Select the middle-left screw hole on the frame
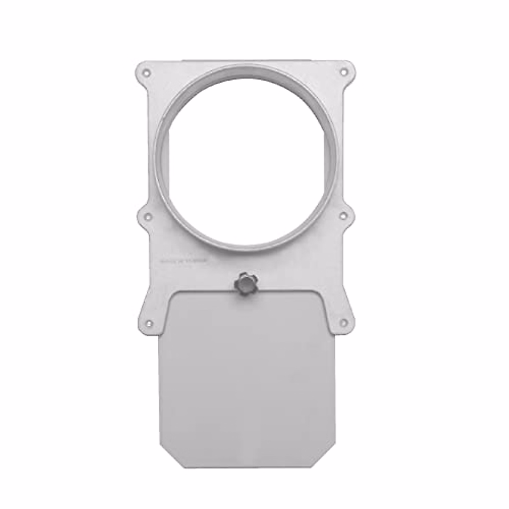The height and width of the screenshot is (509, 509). tap(147, 216)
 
